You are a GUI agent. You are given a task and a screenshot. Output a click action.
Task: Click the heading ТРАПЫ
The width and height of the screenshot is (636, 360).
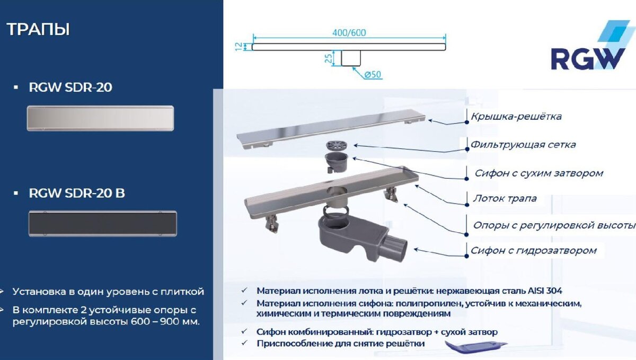[x=38, y=29]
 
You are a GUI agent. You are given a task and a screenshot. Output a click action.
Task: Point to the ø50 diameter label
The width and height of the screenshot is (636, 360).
[x=373, y=75]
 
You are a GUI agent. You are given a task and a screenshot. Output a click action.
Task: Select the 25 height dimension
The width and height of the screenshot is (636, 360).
[x=329, y=58]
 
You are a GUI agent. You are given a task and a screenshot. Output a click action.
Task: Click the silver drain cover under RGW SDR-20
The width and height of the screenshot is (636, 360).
[x=100, y=118]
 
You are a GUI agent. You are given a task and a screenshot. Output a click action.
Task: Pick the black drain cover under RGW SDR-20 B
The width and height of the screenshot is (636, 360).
[x=102, y=223]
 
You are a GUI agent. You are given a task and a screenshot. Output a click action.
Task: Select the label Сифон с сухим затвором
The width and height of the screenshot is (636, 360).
[x=538, y=173]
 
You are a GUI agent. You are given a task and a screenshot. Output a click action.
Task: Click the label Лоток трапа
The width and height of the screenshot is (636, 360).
[x=505, y=199]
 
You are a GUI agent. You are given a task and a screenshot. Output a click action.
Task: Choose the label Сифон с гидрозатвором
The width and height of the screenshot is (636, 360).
[x=534, y=250]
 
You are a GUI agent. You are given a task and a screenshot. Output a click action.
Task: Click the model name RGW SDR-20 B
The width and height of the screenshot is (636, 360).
[x=77, y=194]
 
